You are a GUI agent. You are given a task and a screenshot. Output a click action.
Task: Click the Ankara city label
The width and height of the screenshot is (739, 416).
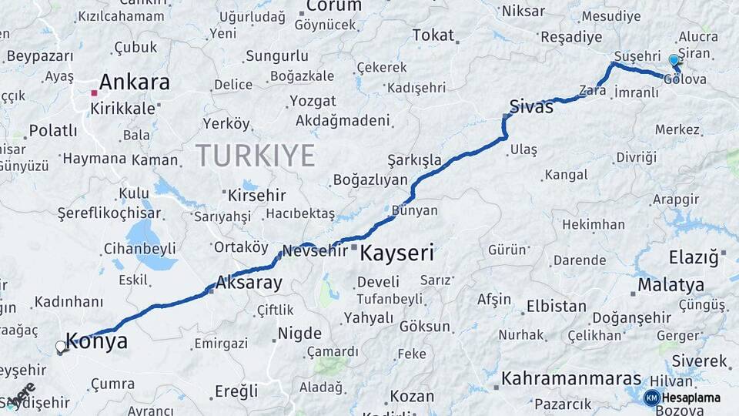[134, 82]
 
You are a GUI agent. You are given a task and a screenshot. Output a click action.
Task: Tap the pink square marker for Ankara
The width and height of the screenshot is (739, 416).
[94, 93]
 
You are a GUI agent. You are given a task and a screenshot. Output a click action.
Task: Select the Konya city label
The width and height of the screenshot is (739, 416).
[96, 342]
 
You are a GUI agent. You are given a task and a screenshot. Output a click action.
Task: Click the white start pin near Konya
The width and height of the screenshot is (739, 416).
[61, 347]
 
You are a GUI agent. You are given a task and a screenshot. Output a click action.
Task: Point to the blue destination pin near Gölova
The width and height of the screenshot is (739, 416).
[674, 61]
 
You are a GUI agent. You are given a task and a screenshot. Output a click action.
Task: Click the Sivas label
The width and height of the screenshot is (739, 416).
[531, 107]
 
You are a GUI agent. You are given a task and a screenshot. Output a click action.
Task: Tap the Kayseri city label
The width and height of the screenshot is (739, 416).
[397, 253]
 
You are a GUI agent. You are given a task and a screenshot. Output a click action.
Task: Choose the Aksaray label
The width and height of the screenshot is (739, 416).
[249, 283]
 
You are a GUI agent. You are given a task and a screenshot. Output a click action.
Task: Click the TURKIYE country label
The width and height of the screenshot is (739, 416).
[255, 156]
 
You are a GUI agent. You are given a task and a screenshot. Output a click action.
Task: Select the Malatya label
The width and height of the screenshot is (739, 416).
[671, 285]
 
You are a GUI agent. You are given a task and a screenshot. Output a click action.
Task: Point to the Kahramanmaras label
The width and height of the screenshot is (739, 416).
[571, 379]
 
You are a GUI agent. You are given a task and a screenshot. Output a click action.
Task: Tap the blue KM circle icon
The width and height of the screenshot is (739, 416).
[652, 398]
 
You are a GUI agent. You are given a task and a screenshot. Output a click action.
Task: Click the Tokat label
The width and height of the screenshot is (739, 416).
[433, 35]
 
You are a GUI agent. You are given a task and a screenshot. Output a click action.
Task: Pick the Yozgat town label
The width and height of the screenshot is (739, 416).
[313, 101]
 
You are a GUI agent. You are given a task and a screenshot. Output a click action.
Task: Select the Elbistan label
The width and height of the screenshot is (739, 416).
[556, 306]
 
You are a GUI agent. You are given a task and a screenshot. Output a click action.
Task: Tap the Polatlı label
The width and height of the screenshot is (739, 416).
[53, 130]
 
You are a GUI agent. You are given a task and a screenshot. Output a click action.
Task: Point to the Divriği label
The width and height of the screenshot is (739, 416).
[637, 157]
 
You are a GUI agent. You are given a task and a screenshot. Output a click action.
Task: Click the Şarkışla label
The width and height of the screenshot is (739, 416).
[414, 159]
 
